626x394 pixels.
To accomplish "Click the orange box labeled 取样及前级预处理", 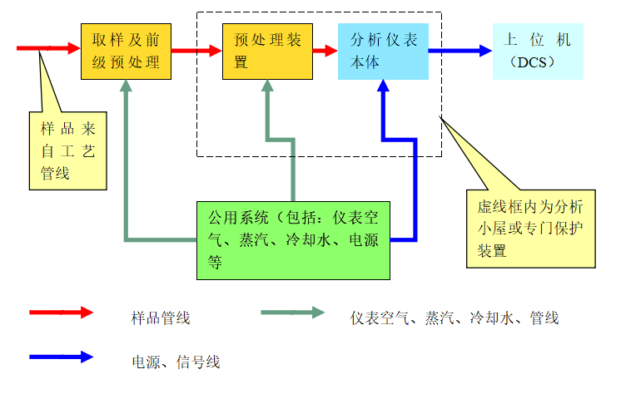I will pos(126,52).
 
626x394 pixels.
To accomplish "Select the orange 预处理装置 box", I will pos(266,52).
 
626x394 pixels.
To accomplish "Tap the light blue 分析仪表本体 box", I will pos(383,52).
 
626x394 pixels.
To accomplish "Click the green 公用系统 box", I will pos(293,240).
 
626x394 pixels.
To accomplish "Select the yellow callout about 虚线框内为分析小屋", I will pos(529,228).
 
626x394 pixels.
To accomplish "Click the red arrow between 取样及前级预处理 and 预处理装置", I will pos(196,51).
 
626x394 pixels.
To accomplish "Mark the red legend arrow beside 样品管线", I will pos(62,313).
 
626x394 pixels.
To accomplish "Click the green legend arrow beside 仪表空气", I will pos(292,313).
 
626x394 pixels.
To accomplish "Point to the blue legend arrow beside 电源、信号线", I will pos(62,357).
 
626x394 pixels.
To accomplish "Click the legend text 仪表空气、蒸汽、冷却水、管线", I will pos(455,318).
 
